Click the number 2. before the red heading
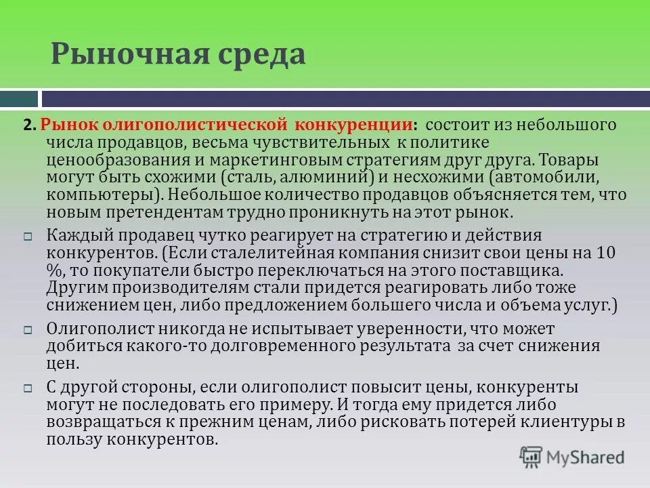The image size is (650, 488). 29,126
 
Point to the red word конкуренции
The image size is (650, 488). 353,126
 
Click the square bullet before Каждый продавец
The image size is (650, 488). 28,237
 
